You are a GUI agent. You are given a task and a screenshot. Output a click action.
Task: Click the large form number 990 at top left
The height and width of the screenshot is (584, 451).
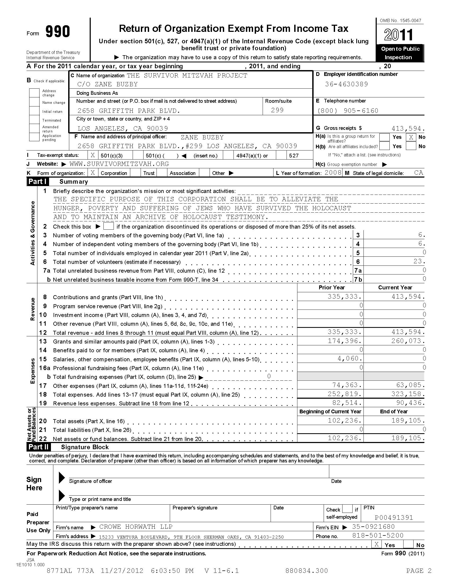pos(58,32)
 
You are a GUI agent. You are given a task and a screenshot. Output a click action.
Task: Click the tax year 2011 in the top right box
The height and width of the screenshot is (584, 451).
pos(399,35)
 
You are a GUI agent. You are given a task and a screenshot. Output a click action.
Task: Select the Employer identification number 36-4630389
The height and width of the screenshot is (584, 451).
pos(346,84)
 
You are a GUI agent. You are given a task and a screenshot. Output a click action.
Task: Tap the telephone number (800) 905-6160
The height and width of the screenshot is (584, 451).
pos(348,111)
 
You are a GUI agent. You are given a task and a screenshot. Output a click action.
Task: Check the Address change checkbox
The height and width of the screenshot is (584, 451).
pos(34,93)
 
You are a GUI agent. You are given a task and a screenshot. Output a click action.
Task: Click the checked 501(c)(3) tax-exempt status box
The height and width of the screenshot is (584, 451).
pos(93,155)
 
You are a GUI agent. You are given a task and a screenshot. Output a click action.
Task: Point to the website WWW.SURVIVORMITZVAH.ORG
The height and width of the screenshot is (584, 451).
pos(119,164)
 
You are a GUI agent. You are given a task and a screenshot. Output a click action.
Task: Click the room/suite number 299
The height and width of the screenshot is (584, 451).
pos(277,110)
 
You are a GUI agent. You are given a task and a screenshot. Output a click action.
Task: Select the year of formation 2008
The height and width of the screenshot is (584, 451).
pos(333,173)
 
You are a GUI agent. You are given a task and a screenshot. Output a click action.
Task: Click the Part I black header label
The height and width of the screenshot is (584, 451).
pos(38,182)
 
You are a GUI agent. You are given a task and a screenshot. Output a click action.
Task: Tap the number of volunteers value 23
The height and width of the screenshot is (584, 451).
pos(418,261)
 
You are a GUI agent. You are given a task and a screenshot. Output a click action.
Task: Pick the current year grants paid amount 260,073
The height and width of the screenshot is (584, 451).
pos(408,341)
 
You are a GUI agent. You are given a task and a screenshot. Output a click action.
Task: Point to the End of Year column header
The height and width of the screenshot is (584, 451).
pos(393,411)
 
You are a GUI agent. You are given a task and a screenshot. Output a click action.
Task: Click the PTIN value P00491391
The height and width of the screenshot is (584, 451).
pos(393,518)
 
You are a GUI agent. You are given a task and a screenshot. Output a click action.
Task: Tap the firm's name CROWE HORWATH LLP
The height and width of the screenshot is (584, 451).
pos(136,527)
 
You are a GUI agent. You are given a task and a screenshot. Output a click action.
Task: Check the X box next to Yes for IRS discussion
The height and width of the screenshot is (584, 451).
pos(376,544)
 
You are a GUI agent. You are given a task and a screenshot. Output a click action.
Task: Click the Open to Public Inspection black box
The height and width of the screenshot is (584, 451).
pos(400,53)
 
